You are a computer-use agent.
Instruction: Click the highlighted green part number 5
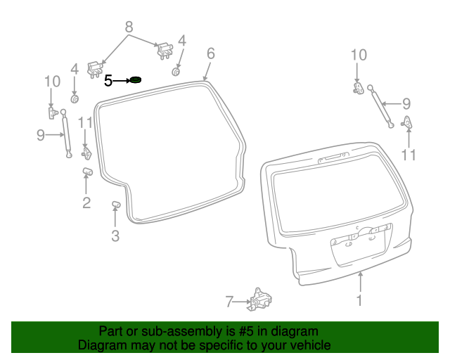[136, 79]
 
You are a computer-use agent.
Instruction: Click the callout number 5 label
[108, 81]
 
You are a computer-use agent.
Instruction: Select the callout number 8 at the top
[129, 27]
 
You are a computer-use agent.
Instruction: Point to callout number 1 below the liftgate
[359, 301]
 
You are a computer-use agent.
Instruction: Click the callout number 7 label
[229, 302]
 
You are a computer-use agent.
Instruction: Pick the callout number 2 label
[86, 203]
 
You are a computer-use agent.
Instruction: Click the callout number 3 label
[115, 236]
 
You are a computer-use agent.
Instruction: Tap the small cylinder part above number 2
[88, 172]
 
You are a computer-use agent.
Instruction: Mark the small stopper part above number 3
[116, 205]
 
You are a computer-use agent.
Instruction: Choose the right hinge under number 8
[164, 50]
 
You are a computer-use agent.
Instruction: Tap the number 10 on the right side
[359, 54]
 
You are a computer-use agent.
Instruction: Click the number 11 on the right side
[409, 155]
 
